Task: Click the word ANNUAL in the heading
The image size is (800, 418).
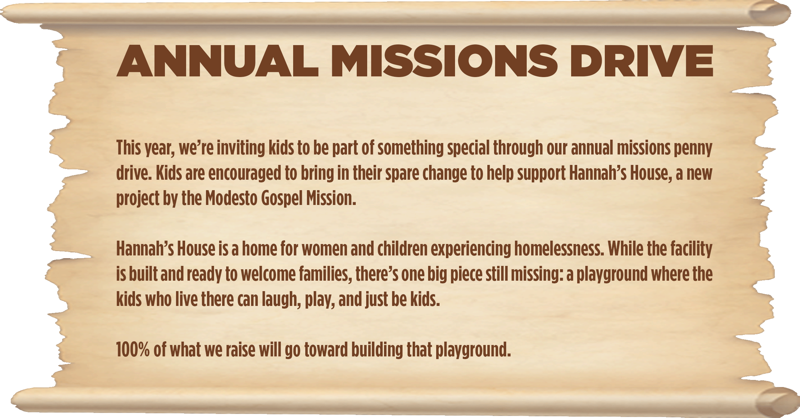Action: click(x=217, y=61)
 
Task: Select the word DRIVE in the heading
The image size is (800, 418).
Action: click(x=641, y=61)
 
